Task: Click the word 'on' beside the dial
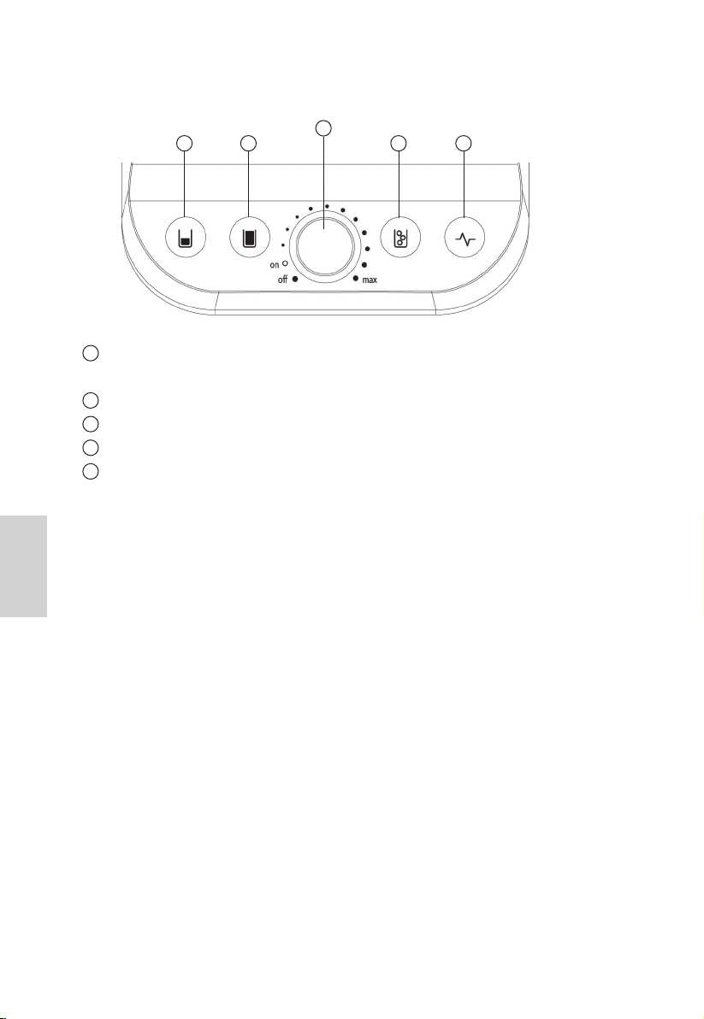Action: point(275,265)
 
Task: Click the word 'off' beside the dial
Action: point(283,280)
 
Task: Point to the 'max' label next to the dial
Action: point(370,280)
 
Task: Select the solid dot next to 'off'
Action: point(295,279)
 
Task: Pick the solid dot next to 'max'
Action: point(356,278)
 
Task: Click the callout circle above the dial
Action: point(323,128)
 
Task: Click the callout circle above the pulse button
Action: point(463,143)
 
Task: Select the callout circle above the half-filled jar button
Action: point(186,143)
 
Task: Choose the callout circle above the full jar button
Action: point(248,143)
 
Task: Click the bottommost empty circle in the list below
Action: point(91,470)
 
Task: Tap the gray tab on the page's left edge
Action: point(23,566)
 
